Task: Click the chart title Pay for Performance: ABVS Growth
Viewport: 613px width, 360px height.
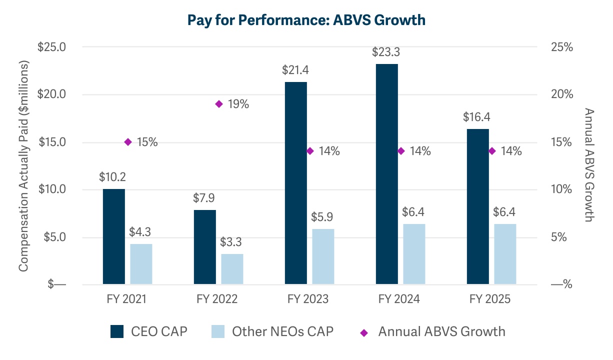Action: [x=306, y=20]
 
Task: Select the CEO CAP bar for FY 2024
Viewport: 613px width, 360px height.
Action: [x=387, y=174]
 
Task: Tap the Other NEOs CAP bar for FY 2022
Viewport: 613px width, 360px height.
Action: [x=232, y=269]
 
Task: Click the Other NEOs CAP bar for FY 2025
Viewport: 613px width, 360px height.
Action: [x=505, y=254]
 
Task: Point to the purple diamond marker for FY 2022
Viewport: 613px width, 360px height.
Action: [x=218, y=104]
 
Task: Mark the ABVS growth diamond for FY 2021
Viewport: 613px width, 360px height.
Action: [x=127, y=142]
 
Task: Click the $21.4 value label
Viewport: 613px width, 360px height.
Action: [x=295, y=70]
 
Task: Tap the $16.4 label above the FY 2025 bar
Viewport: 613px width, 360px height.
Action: [x=477, y=118]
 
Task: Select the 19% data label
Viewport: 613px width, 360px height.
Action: [x=238, y=104]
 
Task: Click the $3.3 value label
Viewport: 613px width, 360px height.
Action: [x=232, y=243]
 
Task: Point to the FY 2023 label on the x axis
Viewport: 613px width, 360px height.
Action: [x=308, y=299]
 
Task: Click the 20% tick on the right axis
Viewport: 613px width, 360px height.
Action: [x=561, y=94]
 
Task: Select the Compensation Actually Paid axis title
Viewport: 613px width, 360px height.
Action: [x=23, y=166]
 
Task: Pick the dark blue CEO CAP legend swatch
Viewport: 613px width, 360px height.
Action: [x=116, y=331]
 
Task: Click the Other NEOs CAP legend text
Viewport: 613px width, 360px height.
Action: [x=282, y=331]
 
